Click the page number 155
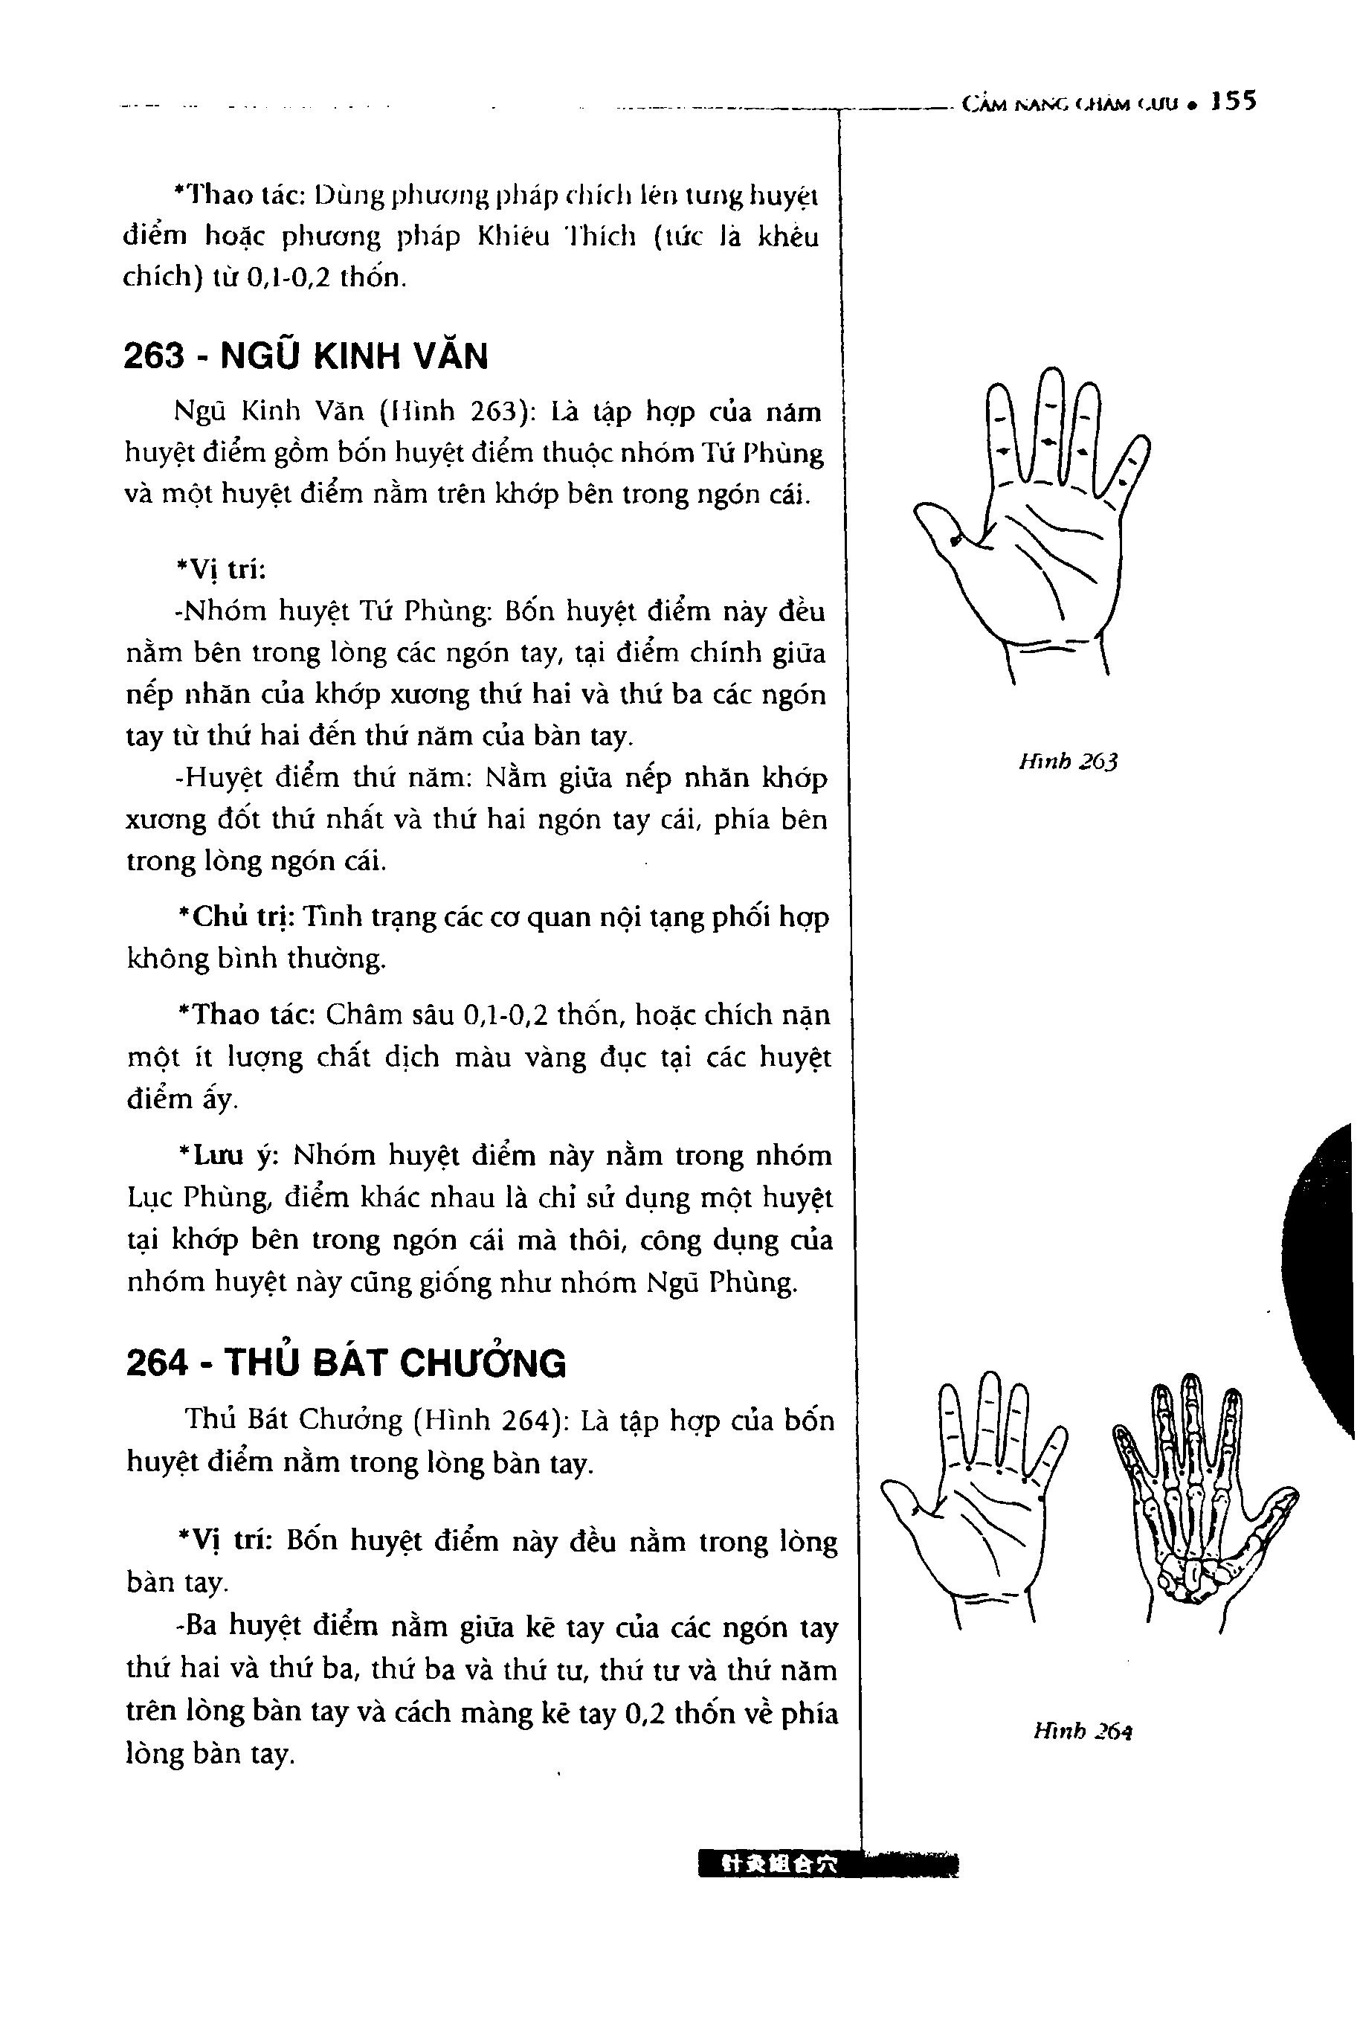coord(1234,103)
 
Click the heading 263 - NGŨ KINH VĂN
coord(306,356)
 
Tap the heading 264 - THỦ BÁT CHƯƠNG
coord(345,1363)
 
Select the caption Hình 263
coord(1069,762)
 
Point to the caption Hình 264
coord(1083,1732)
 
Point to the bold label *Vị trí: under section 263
coord(220,570)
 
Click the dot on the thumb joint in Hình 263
coord(955,541)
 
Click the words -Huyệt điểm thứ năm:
coord(321,778)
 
